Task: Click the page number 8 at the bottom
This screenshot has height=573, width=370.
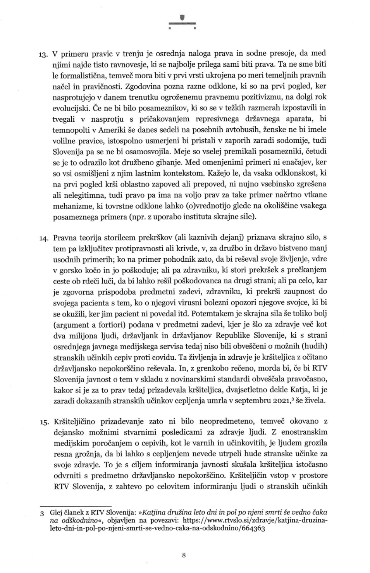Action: click(184, 555)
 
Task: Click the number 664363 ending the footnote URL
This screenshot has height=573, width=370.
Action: click(253, 528)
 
